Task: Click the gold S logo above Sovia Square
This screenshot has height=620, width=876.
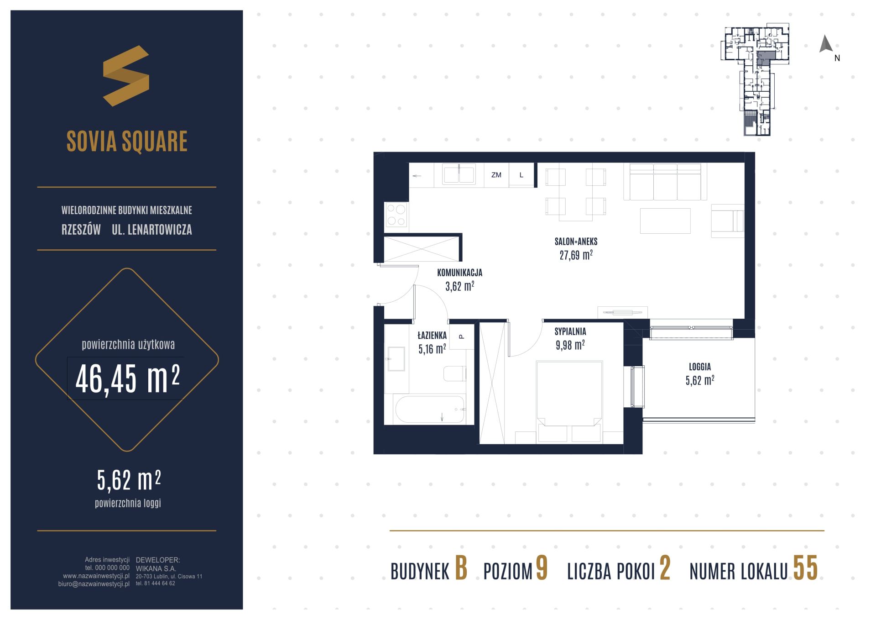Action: tap(126, 76)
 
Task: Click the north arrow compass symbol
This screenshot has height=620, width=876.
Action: tap(826, 44)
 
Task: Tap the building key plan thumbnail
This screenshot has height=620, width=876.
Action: tap(755, 79)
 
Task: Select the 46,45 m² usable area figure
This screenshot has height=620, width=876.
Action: tap(127, 379)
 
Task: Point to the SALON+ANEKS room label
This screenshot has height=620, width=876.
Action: tap(576, 242)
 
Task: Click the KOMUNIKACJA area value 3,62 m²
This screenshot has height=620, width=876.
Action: tap(459, 286)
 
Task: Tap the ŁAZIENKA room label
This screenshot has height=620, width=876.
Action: tap(432, 336)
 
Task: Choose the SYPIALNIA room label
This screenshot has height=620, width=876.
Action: tap(570, 332)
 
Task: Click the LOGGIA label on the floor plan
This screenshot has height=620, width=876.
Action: tap(700, 367)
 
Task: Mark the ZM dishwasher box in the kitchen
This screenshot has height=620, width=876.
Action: tap(496, 175)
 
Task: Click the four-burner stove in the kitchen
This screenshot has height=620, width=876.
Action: tap(396, 215)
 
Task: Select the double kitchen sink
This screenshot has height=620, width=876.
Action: tap(459, 174)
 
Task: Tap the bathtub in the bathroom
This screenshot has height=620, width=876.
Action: tap(430, 409)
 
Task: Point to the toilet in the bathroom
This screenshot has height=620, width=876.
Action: tap(455, 373)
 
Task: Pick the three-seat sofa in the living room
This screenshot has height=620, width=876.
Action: tap(665, 182)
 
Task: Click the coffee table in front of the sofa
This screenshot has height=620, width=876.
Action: tap(665, 221)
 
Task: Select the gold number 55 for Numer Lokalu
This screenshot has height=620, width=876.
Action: tap(805, 568)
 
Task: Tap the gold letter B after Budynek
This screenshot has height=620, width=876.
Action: tap(461, 569)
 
